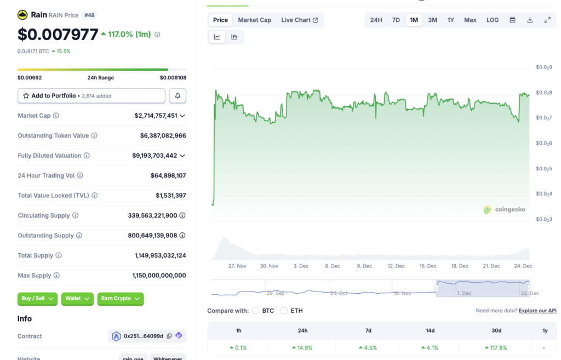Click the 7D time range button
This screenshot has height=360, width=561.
pos(396,20)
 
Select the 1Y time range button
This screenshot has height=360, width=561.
pos(450,20)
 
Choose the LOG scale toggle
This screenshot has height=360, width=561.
pos(493,20)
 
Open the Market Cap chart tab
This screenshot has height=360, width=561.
pos(254,20)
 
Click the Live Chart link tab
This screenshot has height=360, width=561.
pos(299,20)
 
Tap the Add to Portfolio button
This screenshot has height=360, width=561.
pos(91,96)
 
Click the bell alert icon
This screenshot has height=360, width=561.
pos(178,96)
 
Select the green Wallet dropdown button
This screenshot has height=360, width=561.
pos(77,299)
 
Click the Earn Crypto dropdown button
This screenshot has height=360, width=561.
pos(121,299)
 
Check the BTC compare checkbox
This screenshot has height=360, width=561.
pos(256,311)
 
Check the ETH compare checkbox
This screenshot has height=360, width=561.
pos(284,311)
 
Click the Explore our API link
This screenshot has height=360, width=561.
pos(537,311)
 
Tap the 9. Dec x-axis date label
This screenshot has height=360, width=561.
pos(364,266)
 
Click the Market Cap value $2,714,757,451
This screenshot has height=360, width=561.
pos(156,116)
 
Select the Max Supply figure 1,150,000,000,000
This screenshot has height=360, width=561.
pos(159,276)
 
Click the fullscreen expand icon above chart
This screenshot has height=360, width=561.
pos(547,20)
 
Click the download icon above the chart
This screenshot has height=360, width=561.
pos(530,20)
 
